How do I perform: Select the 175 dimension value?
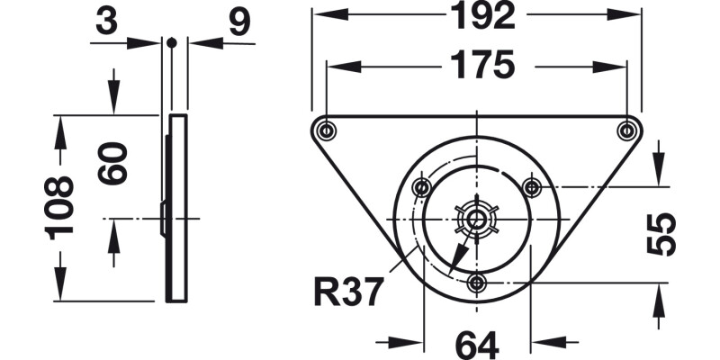point(477,66)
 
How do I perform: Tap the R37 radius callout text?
point(350,292)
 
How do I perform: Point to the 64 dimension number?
point(477,343)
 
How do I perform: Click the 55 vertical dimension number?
point(662,235)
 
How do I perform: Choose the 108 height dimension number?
point(60,207)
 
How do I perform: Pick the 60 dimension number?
point(113,163)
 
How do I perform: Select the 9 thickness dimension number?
point(238,22)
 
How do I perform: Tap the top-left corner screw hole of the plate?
point(326,130)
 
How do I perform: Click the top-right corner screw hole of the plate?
point(626,130)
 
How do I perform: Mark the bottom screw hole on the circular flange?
point(477,283)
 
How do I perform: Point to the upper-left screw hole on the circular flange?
point(422,188)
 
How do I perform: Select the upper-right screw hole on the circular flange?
point(532,188)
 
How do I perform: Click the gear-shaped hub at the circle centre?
point(477,220)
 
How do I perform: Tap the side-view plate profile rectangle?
point(177,207)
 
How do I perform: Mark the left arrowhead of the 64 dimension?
point(412,342)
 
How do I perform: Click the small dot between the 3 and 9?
point(170,41)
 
